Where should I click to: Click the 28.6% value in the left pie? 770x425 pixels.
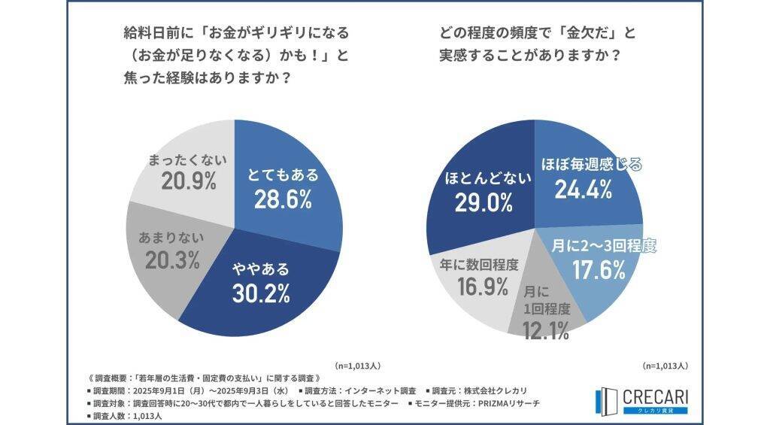[x=283, y=202]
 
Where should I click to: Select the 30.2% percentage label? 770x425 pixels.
[x=259, y=293]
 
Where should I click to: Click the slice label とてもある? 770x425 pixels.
[x=283, y=175]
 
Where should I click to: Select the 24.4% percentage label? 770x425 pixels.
[x=584, y=190]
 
